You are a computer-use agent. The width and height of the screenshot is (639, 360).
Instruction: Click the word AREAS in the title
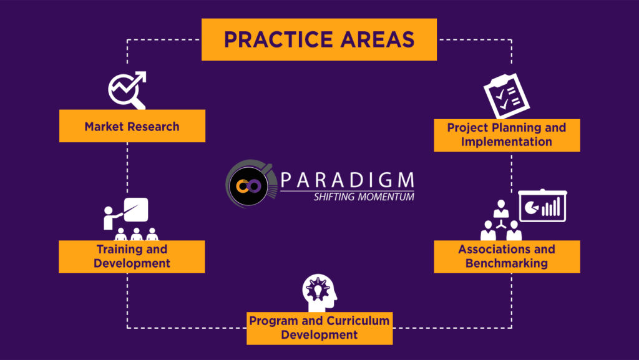tap(378, 39)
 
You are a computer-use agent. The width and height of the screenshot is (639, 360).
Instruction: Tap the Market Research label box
tap(132, 126)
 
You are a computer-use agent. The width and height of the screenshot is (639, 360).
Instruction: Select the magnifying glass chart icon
tap(127, 90)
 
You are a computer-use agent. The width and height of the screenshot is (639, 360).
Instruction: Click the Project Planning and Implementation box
tap(507, 135)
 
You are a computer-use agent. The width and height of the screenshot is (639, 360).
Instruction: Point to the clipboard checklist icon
tap(507, 96)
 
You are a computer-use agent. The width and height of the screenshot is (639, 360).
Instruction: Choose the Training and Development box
tap(132, 256)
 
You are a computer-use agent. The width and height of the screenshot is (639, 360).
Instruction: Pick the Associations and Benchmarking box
tap(507, 256)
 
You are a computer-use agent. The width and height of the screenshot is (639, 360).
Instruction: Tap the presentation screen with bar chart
tap(542, 206)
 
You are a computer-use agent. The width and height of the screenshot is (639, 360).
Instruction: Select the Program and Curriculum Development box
tap(319, 328)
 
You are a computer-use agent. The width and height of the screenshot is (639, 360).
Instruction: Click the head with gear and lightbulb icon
tap(319, 293)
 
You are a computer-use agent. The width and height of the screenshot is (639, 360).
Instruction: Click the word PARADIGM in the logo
tap(348, 180)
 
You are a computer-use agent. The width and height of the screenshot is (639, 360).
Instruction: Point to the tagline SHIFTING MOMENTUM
tap(364, 197)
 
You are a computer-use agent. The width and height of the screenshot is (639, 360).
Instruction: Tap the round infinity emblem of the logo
tap(248, 186)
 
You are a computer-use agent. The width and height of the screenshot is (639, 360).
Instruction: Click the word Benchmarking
tap(507, 263)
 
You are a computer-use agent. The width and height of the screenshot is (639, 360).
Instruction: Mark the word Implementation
tap(507, 142)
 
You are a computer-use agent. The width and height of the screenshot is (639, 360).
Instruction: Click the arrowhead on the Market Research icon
tap(140, 77)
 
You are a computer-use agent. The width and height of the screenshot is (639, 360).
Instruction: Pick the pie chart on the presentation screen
tap(532, 208)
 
